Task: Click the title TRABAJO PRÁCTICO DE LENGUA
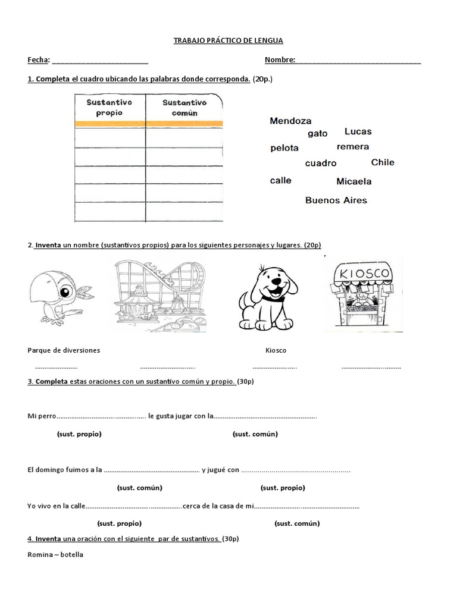point(228,40)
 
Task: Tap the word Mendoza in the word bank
point(290,121)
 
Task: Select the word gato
point(318,134)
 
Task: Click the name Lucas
point(358,131)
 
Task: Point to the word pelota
point(284,148)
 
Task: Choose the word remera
point(353,147)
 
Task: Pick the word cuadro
point(321,163)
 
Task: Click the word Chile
point(383,162)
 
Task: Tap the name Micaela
point(353,181)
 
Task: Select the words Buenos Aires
point(336,200)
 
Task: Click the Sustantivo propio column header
point(109,108)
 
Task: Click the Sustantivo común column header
point(184,108)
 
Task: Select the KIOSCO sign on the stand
point(363,274)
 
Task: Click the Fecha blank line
point(100,61)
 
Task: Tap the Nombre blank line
point(358,61)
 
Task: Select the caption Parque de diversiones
point(64,350)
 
